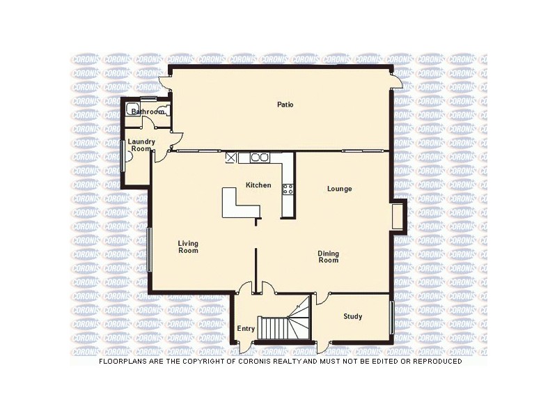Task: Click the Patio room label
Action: pos(285,105)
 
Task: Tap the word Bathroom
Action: pos(148,111)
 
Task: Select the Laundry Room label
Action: pos(141,145)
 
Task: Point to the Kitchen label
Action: pos(258,185)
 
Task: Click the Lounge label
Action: pos(340,189)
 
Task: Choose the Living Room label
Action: pos(188,247)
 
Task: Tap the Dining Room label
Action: pos(329,257)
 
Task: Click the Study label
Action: pos(353,317)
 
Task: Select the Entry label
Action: pos(246,328)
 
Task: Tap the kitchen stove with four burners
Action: pos(288,188)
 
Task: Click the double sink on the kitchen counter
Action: pos(260,158)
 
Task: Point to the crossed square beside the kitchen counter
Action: pos(231,158)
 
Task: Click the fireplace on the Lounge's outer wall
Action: pos(398,215)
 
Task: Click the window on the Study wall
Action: pos(391,318)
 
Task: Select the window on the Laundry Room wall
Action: pos(123,155)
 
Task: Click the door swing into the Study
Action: pos(322,298)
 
